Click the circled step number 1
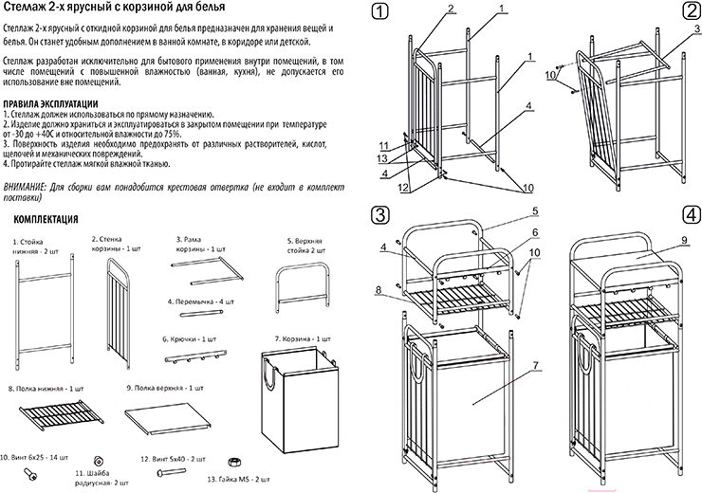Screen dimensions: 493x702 click(381, 12)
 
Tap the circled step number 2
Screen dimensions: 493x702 click(689, 12)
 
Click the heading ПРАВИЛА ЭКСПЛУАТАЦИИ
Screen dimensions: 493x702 click(49, 102)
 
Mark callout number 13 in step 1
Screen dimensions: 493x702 click(382, 158)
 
